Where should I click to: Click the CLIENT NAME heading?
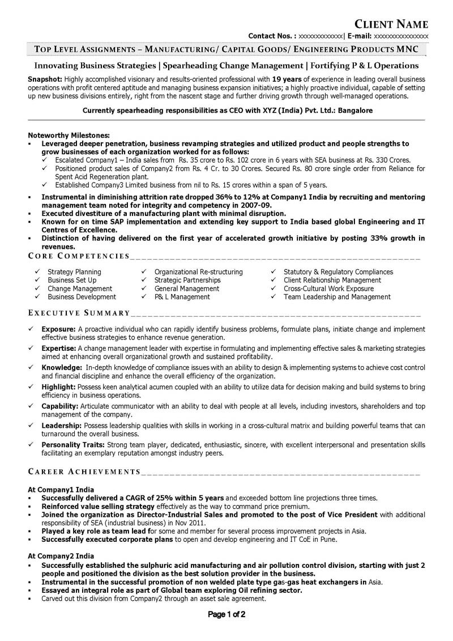391,24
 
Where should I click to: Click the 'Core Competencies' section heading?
79,257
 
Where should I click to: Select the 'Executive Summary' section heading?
79,313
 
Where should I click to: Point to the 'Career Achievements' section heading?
84,472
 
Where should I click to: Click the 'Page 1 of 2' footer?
226,614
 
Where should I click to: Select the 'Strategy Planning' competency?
74,272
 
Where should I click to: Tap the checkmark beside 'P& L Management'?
144,296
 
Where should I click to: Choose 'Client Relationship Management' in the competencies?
332,280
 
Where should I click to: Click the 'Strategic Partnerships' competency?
187,280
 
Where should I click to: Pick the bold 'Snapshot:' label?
45,79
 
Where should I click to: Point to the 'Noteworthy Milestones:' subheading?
69,135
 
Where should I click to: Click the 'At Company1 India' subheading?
61,490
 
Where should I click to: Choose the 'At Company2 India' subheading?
61,556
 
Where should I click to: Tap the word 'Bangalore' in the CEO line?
356,111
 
